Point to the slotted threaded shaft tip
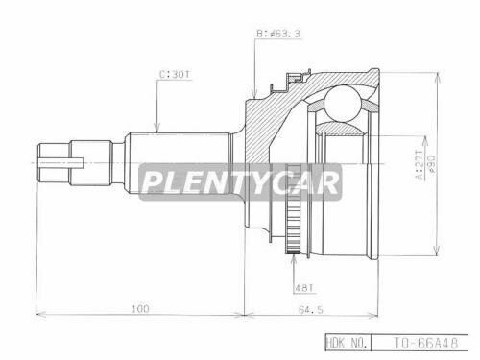[x=56, y=158]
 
